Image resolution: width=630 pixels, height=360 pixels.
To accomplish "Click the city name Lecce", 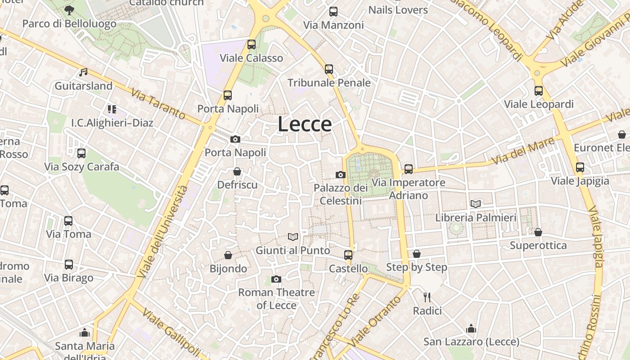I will [x=305, y=124].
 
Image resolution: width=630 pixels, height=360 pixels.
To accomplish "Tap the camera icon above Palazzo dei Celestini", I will [x=341, y=175].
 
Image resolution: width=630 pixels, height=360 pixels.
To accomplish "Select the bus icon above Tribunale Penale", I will [x=329, y=69].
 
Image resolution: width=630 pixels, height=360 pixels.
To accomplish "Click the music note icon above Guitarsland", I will [x=83, y=72].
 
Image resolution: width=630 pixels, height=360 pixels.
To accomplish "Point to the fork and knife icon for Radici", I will [x=427, y=297].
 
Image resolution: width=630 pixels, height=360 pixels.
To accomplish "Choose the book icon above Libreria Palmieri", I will [x=476, y=204].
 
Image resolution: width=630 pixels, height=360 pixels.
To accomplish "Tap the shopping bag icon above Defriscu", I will [x=237, y=171].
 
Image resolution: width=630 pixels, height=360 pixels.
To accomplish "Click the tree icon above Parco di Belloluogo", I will [x=69, y=10].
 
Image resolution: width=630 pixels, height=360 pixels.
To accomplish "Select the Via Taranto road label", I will [x=158, y=104].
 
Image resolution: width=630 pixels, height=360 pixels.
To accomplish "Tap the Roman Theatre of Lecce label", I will [x=276, y=299].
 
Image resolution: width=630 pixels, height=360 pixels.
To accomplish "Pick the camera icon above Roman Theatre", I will [x=276, y=279].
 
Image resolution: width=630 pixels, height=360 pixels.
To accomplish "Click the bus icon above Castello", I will [x=348, y=255].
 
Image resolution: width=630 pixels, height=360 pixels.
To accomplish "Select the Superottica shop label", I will [x=538, y=246].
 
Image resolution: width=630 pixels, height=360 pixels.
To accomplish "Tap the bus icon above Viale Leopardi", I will [x=539, y=91].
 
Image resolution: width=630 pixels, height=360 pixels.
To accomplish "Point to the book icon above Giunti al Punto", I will [x=293, y=237].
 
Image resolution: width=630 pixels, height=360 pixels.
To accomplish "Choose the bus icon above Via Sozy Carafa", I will [x=81, y=153].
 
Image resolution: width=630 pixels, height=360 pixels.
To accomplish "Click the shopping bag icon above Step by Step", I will [x=417, y=254].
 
